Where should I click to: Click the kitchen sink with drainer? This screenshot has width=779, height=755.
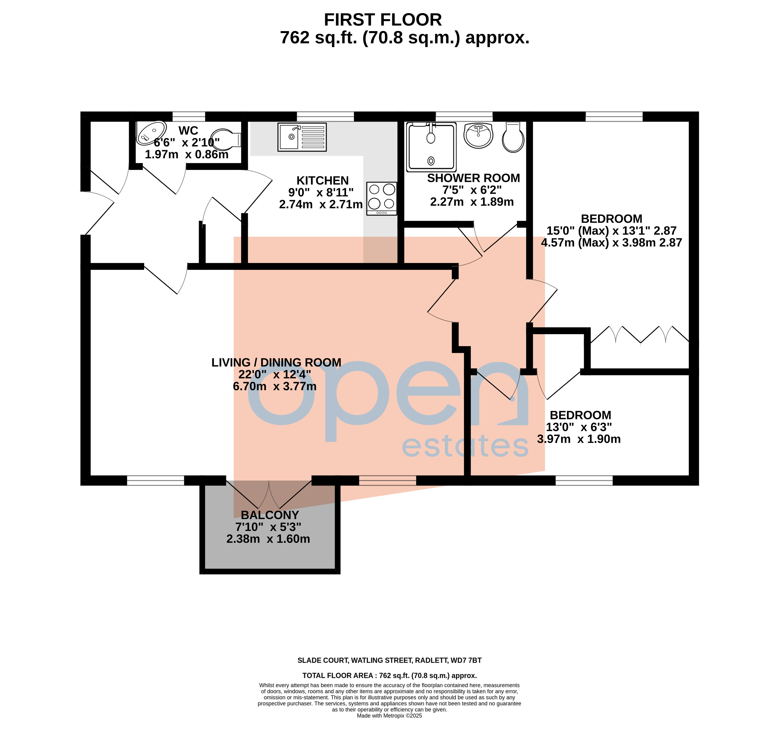tap(302, 137)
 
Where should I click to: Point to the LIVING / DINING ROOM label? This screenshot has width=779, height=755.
tap(276, 363)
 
